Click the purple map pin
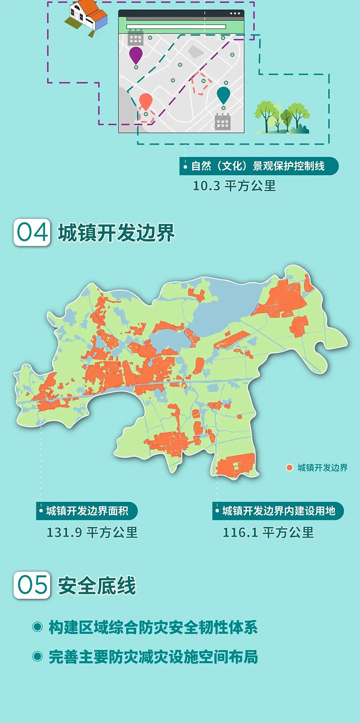[136, 55]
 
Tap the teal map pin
[223, 95]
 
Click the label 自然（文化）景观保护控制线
[258, 166]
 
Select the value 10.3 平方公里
[234, 186]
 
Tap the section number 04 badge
[31, 233]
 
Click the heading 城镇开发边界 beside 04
[116, 233]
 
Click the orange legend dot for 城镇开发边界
[290, 468]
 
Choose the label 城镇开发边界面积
[87, 511]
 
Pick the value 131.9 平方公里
[92, 533]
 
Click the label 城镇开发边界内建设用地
[279, 511]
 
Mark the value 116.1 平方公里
[268, 533]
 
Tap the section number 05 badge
[31, 585]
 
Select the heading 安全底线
[97, 586]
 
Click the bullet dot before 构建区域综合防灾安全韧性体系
[37, 627]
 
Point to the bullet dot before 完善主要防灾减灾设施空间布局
[37, 656]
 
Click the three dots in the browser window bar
[235, 14]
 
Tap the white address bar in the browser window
[176, 27]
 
